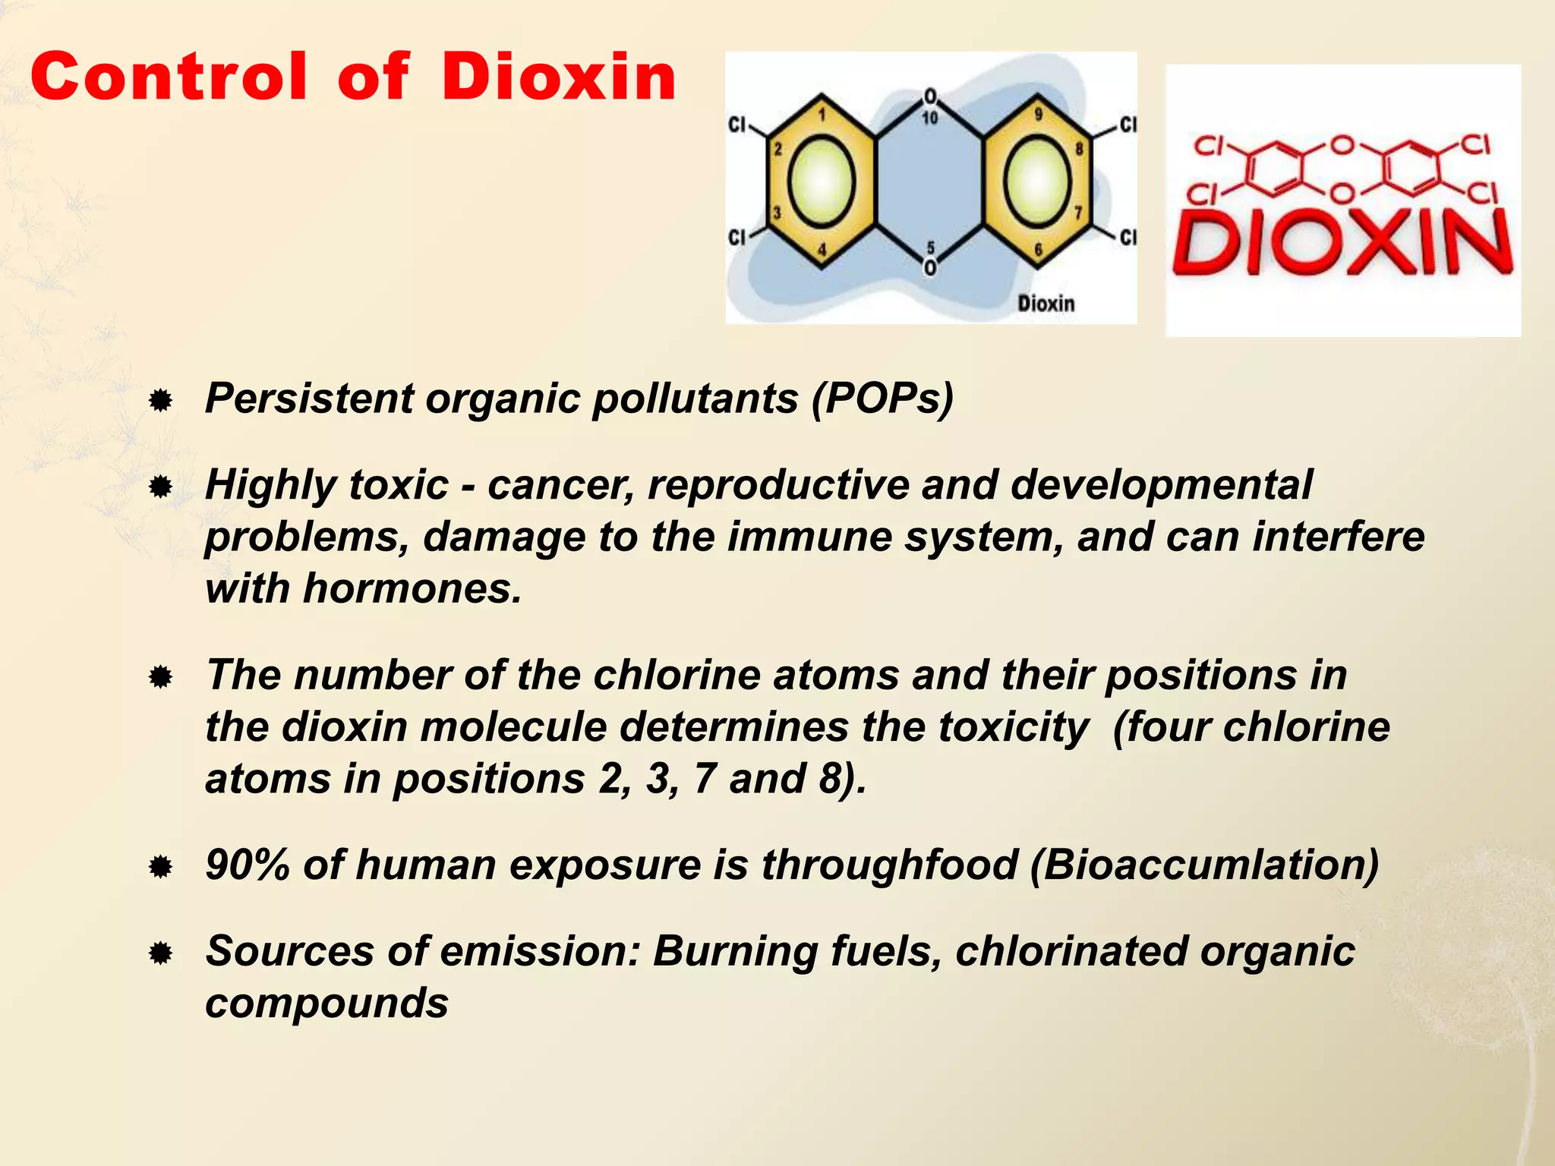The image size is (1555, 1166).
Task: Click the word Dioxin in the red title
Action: (x=558, y=77)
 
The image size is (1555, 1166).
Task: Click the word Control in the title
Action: (x=169, y=77)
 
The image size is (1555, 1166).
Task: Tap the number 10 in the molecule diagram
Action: (x=930, y=118)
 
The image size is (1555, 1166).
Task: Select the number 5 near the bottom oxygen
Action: (x=931, y=249)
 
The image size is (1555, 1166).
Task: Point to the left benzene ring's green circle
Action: (x=822, y=181)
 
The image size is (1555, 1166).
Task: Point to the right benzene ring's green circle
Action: (x=1038, y=181)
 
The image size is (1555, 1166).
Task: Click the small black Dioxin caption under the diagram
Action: (x=1046, y=304)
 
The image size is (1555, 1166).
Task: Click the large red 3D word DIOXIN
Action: (x=1342, y=244)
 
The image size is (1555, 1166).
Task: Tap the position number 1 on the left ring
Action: (x=822, y=115)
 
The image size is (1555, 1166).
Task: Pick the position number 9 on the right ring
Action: (x=1038, y=115)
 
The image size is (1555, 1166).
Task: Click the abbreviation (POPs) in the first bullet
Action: (x=882, y=398)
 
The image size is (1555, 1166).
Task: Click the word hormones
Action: (x=412, y=588)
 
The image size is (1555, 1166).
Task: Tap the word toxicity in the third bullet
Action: (x=1013, y=726)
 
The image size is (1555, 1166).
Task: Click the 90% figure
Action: (x=248, y=865)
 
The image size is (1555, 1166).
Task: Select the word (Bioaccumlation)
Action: (x=1204, y=865)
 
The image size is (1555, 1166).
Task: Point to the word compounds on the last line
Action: (x=326, y=1004)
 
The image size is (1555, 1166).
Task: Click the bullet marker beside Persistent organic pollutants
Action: (x=160, y=400)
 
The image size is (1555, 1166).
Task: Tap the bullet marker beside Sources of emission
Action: (x=160, y=953)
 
